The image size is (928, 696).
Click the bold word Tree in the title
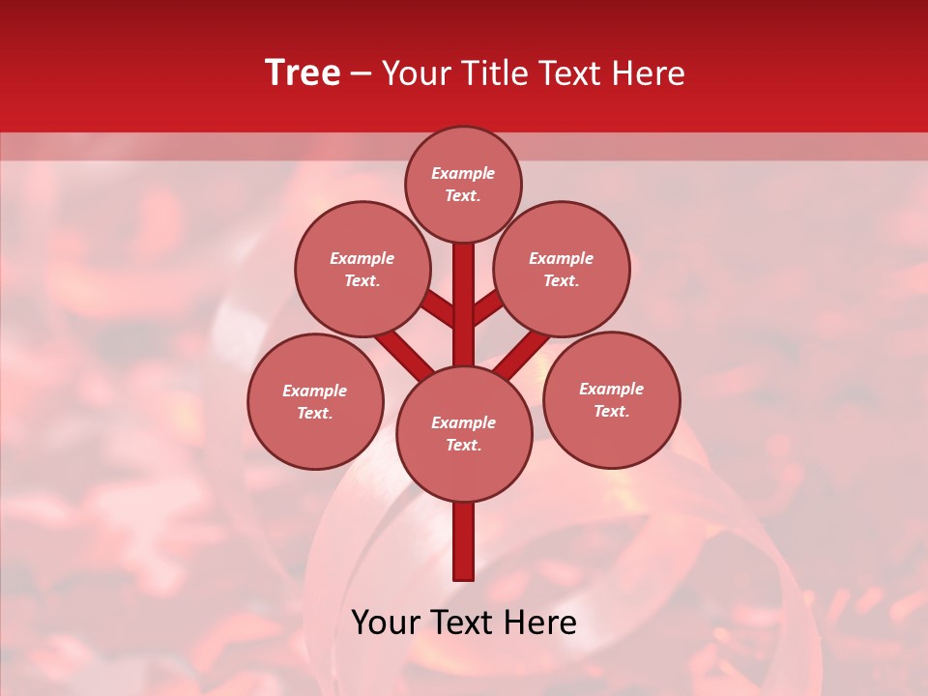[x=303, y=73]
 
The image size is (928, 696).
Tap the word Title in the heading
[x=487, y=73]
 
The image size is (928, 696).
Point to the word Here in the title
[x=649, y=73]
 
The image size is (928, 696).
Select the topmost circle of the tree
[x=463, y=184]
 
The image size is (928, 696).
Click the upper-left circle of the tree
[x=362, y=269]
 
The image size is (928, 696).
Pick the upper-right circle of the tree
[x=562, y=269]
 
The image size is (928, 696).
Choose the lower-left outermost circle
[x=315, y=401]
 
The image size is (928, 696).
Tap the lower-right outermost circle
[x=611, y=399]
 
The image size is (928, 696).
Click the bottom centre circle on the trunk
[x=464, y=434]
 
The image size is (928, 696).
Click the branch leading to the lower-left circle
[x=401, y=352]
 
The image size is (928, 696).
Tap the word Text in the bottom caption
[x=464, y=623]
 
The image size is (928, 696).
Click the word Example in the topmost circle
[x=463, y=173]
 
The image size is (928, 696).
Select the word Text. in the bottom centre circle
[x=463, y=445]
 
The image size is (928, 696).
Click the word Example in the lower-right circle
[x=611, y=389]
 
